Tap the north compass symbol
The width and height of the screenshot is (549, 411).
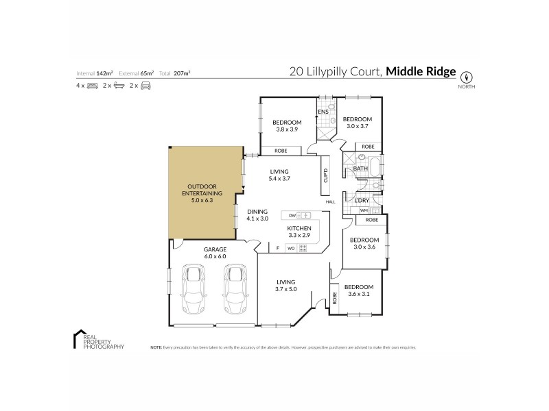[467, 77]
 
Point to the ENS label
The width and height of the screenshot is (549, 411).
[323, 111]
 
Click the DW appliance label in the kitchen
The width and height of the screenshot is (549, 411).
[292, 215]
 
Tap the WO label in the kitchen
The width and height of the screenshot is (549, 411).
[291, 248]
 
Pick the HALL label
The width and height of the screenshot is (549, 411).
[330, 202]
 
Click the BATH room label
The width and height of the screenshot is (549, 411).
[360, 169]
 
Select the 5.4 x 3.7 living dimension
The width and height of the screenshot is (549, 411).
[279, 179]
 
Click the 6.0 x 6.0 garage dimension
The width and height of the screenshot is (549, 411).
[215, 256]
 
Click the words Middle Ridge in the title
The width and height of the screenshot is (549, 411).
[421, 71]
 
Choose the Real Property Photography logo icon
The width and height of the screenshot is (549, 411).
[78, 339]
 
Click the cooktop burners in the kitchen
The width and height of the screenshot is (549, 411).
[303, 248]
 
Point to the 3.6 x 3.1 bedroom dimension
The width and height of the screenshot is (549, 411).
[358, 294]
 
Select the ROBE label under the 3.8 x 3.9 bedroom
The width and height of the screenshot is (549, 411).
[280, 151]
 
